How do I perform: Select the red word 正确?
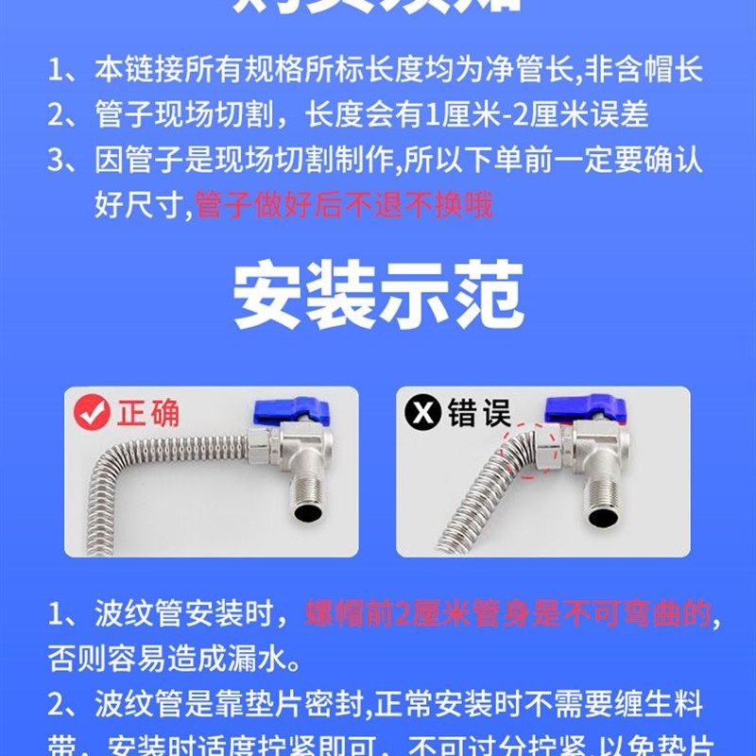tap(148, 413)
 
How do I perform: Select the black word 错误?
tap(479, 413)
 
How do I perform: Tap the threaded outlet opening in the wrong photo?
tap(602, 516)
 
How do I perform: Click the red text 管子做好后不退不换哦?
tap(344, 205)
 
